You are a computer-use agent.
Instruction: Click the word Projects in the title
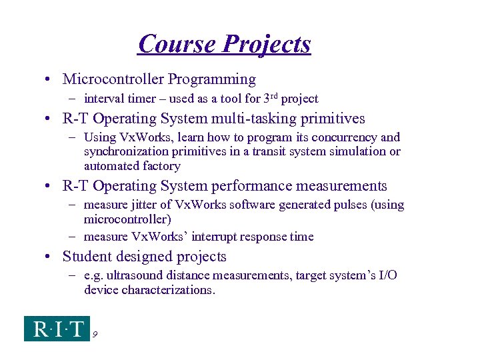point(267,44)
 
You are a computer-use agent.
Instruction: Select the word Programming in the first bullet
point(211,79)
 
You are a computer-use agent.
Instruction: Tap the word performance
point(263,186)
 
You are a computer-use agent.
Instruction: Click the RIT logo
point(57,329)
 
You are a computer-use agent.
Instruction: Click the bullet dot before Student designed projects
point(51,257)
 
